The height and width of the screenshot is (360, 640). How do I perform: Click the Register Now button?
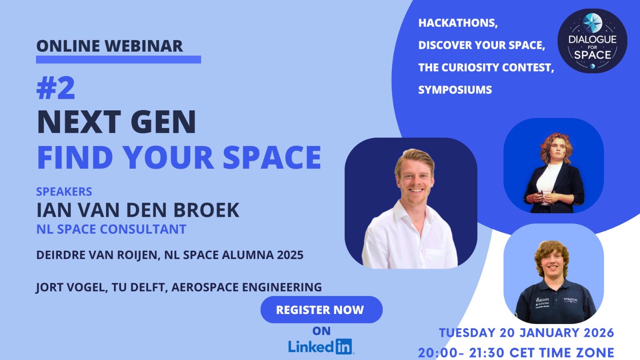pyautogui.click(x=322, y=310)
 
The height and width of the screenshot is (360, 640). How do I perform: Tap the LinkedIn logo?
pyautogui.click(x=321, y=346)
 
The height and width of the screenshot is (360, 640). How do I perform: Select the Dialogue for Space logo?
pyautogui.click(x=592, y=41)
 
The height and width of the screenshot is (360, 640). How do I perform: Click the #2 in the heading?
pyautogui.click(x=56, y=88)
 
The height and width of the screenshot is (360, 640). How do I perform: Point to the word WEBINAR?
pyautogui.click(x=144, y=46)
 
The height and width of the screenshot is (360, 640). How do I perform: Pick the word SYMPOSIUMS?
pyautogui.click(x=455, y=90)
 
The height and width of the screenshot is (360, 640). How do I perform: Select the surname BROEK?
pyautogui.click(x=206, y=210)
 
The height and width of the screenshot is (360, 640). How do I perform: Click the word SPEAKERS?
pyautogui.click(x=64, y=192)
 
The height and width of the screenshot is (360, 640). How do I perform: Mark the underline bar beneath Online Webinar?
pyautogui.click(x=118, y=60)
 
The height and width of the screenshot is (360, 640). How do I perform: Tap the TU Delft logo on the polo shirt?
pyautogui.click(x=542, y=300)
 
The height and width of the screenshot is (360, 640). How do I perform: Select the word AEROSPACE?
pyautogui.click(x=204, y=287)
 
